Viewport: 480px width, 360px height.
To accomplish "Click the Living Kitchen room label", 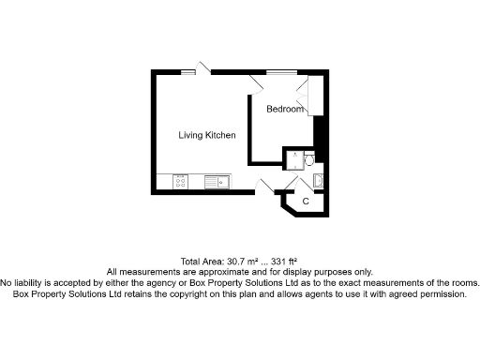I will click(x=207, y=136).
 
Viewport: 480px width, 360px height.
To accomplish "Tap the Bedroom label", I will click(x=285, y=110).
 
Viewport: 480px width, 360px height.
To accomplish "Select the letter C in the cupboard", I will click(x=306, y=201).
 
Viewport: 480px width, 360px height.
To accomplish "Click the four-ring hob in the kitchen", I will click(x=180, y=182).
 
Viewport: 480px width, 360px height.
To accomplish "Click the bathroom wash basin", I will click(x=317, y=180).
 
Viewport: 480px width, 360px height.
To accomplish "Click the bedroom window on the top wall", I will click(x=278, y=70).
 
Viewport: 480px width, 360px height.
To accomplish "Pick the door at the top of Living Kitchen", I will click(x=202, y=68).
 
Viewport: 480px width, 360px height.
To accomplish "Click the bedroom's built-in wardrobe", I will click(x=317, y=94).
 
